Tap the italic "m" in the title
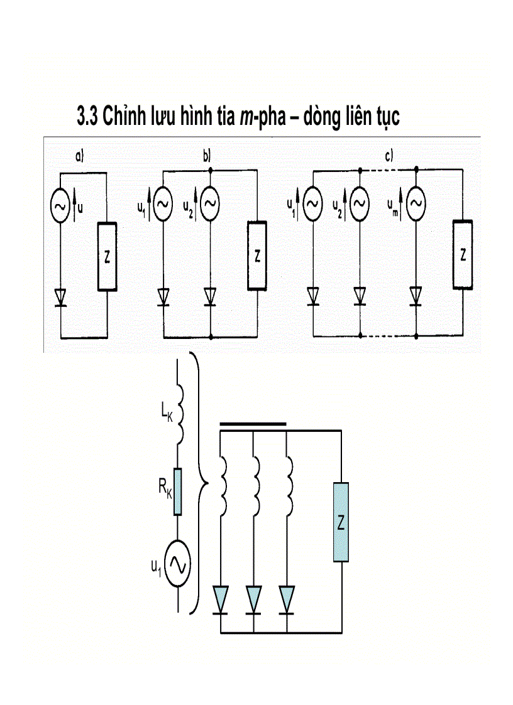(246, 117)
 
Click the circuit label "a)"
(80, 158)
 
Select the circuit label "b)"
(207, 158)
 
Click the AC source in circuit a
(60, 206)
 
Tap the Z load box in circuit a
(107, 256)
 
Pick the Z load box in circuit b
(256, 256)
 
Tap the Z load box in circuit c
(463, 254)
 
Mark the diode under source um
(416, 294)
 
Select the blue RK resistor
(179, 492)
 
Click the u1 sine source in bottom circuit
(179, 565)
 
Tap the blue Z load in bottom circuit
(341, 522)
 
